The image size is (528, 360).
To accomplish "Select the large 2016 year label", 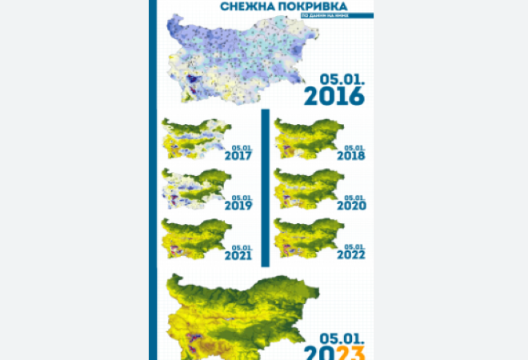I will click(x=336, y=96).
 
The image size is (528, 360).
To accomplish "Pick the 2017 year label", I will click(x=238, y=155).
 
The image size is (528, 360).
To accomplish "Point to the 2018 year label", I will click(x=350, y=155).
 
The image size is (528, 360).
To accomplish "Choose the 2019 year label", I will click(x=238, y=205).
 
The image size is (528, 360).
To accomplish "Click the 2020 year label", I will click(x=350, y=205).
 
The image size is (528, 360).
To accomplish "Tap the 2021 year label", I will click(x=238, y=255).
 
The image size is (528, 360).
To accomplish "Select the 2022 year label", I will click(x=350, y=255).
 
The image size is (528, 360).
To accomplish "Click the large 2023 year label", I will click(x=336, y=350).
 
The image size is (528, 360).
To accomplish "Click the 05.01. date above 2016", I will click(x=342, y=79).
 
